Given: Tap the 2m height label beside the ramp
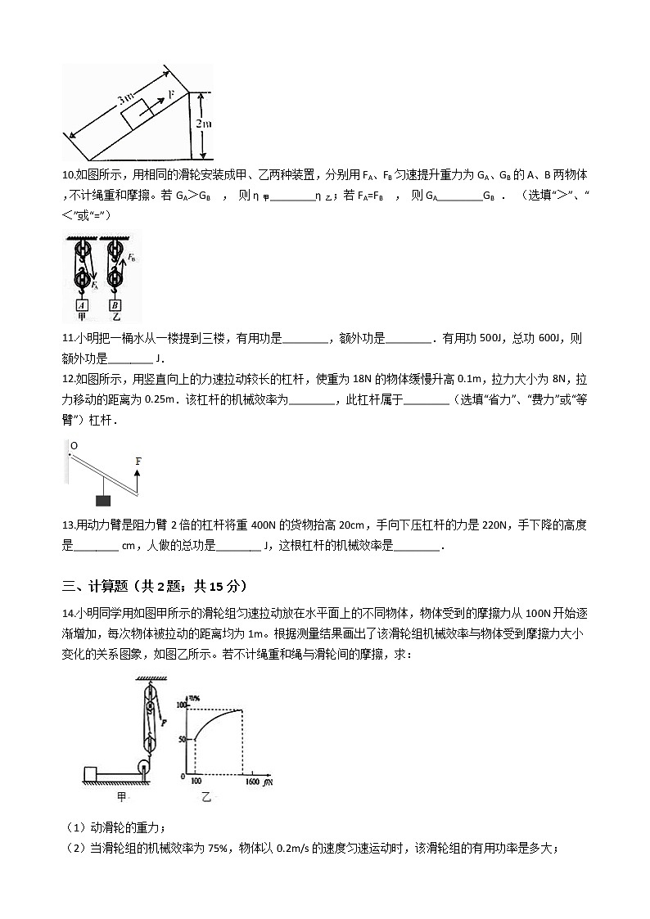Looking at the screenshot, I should click(205, 124).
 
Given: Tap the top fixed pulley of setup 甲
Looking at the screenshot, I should click(80, 250).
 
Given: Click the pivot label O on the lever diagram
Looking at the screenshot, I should click(73, 446).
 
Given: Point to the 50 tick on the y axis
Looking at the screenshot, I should click(182, 740).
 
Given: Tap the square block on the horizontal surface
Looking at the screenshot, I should click(90, 774).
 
